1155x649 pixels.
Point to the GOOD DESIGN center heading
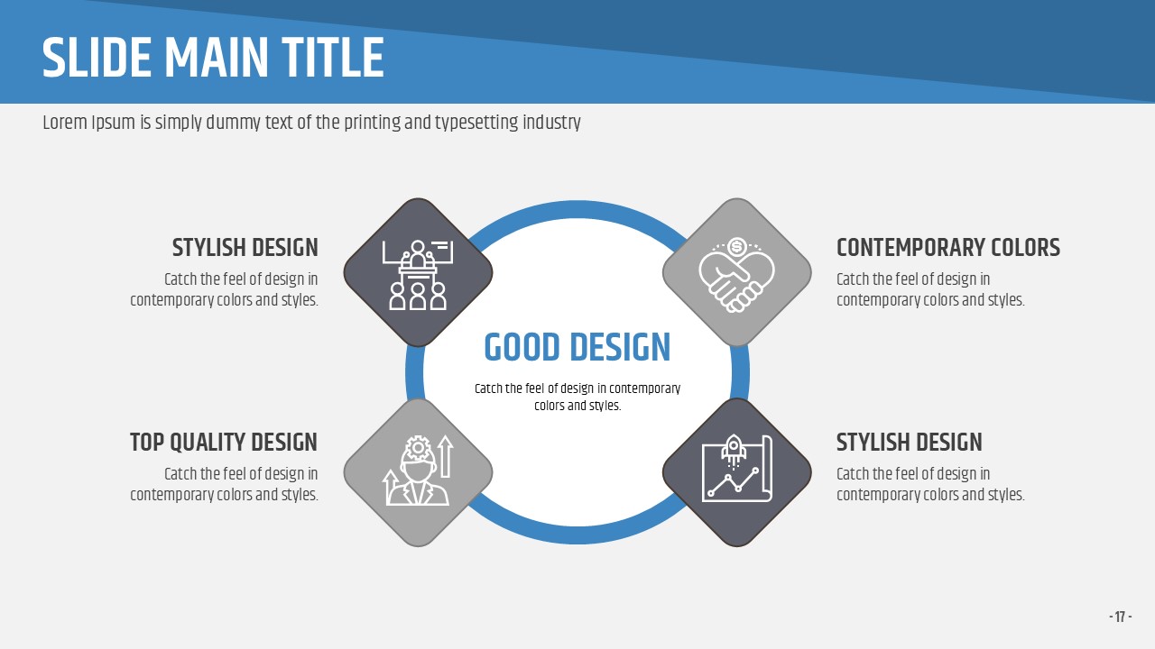(x=577, y=347)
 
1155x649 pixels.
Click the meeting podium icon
(x=418, y=275)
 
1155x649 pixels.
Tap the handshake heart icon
(x=737, y=275)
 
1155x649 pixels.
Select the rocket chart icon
(x=737, y=468)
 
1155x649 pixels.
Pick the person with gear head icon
(x=418, y=471)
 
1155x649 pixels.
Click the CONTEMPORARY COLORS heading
(x=948, y=248)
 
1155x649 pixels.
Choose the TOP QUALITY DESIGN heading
(x=223, y=443)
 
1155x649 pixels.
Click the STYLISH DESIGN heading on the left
(x=245, y=248)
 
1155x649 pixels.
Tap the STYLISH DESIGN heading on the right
(x=909, y=443)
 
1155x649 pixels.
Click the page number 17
(x=1120, y=617)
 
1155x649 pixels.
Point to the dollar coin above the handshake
(x=737, y=247)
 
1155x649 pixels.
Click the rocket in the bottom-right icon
(x=733, y=449)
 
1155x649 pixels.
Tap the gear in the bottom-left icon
(x=418, y=448)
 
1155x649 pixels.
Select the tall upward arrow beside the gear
(x=446, y=456)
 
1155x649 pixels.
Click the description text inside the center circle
(x=577, y=398)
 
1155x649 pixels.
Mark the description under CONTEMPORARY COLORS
(x=930, y=289)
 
